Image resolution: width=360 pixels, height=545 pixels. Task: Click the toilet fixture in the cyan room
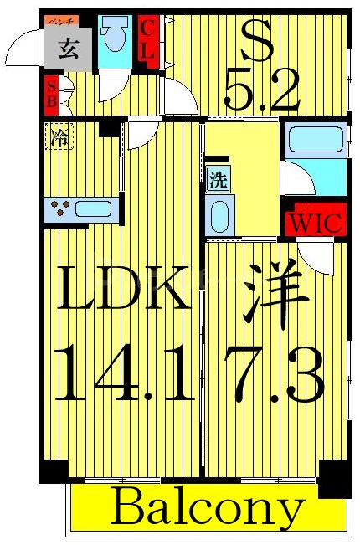click(114, 39)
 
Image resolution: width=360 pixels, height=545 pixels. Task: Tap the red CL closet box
click(147, 39)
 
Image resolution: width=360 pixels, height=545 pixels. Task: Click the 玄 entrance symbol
click(69, 49)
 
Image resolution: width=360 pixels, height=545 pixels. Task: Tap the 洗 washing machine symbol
click(217, 179)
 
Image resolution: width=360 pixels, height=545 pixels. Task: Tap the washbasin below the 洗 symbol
click(218, 216)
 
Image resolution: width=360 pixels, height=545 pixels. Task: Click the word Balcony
click(207, 507)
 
